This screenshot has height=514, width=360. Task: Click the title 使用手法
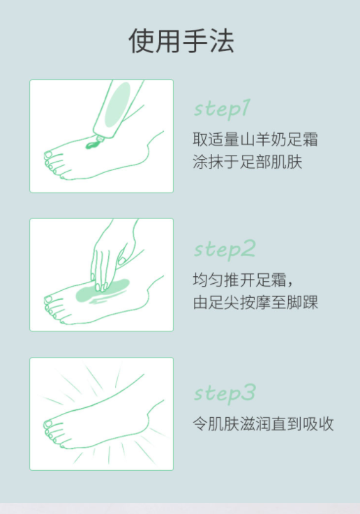(181, 40)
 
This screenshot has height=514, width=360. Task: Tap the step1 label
(222, 109)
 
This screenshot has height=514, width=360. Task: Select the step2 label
(225, 250)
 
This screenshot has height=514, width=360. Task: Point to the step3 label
(225, 393)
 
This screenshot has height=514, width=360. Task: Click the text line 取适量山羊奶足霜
(255, 139)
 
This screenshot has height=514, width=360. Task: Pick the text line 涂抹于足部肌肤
(247, 162)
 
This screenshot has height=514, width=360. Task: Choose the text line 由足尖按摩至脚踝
(255, 302)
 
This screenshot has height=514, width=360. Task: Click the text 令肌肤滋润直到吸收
(263, 423)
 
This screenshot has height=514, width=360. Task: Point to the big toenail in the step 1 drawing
(49, 154)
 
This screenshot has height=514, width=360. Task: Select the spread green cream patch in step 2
(102, 291)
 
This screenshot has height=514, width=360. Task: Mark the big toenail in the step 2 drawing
(49, 299)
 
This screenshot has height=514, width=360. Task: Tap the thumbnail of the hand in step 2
(121, 261)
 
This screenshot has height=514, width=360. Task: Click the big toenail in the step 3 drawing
(48, 424)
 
